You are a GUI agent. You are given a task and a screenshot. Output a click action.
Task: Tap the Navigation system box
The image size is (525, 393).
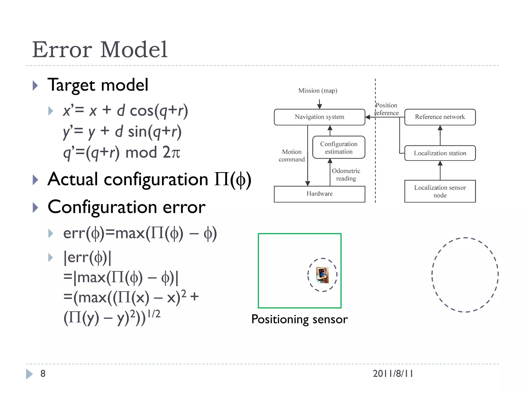click(x=319, y=117)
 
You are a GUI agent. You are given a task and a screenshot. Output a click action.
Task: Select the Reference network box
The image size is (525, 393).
click(x=440, y=117)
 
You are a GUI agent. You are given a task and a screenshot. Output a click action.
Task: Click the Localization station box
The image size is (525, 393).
click(x=440, y=153)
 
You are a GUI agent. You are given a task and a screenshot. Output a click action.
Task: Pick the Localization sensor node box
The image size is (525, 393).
click(x=440, y=191)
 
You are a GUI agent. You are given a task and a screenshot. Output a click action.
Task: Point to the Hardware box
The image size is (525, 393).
click(x=319, y=194)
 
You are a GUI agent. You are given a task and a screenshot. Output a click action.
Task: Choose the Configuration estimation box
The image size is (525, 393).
click(x=339, y=148)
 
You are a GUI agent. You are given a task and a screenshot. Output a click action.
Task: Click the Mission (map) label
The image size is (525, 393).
click(x=318, y=91)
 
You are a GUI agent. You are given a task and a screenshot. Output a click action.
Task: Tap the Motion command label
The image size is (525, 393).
click(x=292, y=156)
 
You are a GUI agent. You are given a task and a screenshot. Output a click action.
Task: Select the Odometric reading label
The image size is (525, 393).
click(x=346, y=174)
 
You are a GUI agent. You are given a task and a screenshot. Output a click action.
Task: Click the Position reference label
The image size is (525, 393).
click(x=387, y=109)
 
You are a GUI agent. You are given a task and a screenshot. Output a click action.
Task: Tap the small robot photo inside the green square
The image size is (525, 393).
click(x=322, y=275)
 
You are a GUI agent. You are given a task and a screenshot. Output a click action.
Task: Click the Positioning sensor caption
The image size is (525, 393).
click(x=299, y=319)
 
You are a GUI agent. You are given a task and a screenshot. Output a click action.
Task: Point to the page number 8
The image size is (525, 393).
click(x=43, y=374)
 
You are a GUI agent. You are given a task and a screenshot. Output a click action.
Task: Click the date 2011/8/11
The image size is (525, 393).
click(x=393, y=374)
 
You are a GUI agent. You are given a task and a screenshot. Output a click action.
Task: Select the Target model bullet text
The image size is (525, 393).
click(x=98, y=85)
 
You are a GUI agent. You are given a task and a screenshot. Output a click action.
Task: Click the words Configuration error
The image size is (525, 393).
click(x=127, y=207)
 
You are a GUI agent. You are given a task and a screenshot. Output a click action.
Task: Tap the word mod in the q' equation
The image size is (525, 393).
click(x=141, y=152)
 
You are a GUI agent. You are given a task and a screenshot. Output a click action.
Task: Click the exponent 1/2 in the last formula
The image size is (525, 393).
click(x=154, y=314)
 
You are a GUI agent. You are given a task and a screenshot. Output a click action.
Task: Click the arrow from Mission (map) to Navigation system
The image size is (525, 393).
click(x=319, y=104)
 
